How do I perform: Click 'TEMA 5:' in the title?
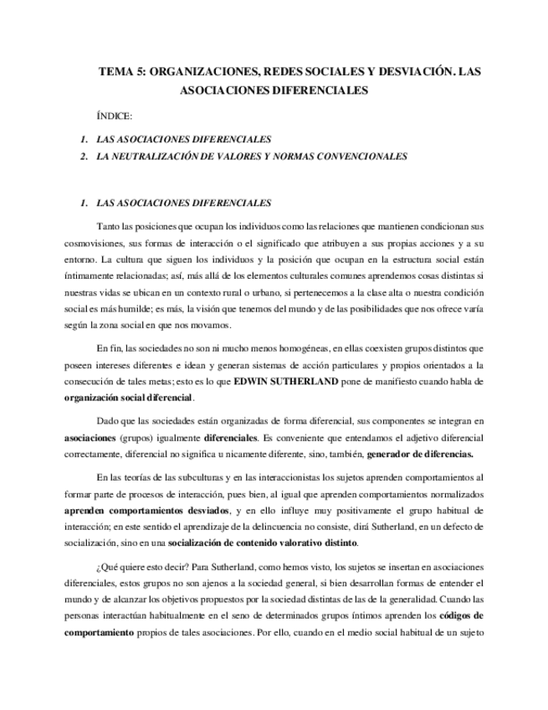click(120, 72)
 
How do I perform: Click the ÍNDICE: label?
click(115, 116)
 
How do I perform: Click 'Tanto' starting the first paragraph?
click(109, 227)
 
